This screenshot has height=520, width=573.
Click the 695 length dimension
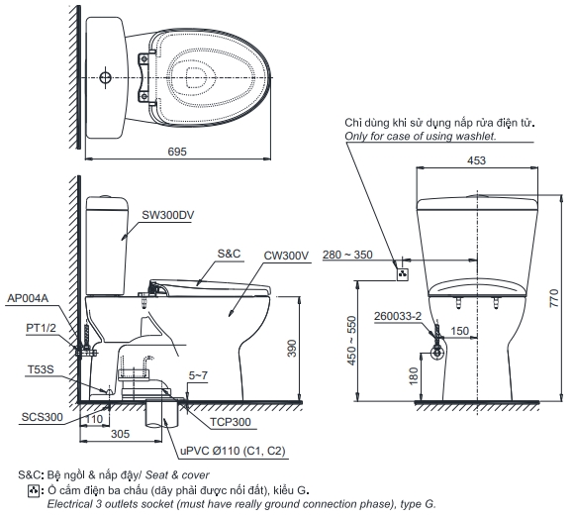(x=177, y=152)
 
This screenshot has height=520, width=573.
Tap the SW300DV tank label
(x=167, y=215)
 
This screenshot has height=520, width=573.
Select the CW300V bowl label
(x=286, y=256)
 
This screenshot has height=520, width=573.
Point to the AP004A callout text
(x=28, y=298)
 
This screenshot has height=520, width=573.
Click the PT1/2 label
(x=41, y=328)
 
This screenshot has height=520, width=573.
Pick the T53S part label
(x=41, y=369)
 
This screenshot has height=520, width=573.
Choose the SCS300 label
(x=42, y=417)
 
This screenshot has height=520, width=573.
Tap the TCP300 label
(x=231, y=422)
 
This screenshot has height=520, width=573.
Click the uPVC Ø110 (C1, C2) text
(x=233, y=451)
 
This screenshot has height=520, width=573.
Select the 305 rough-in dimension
(x=120, y=434)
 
